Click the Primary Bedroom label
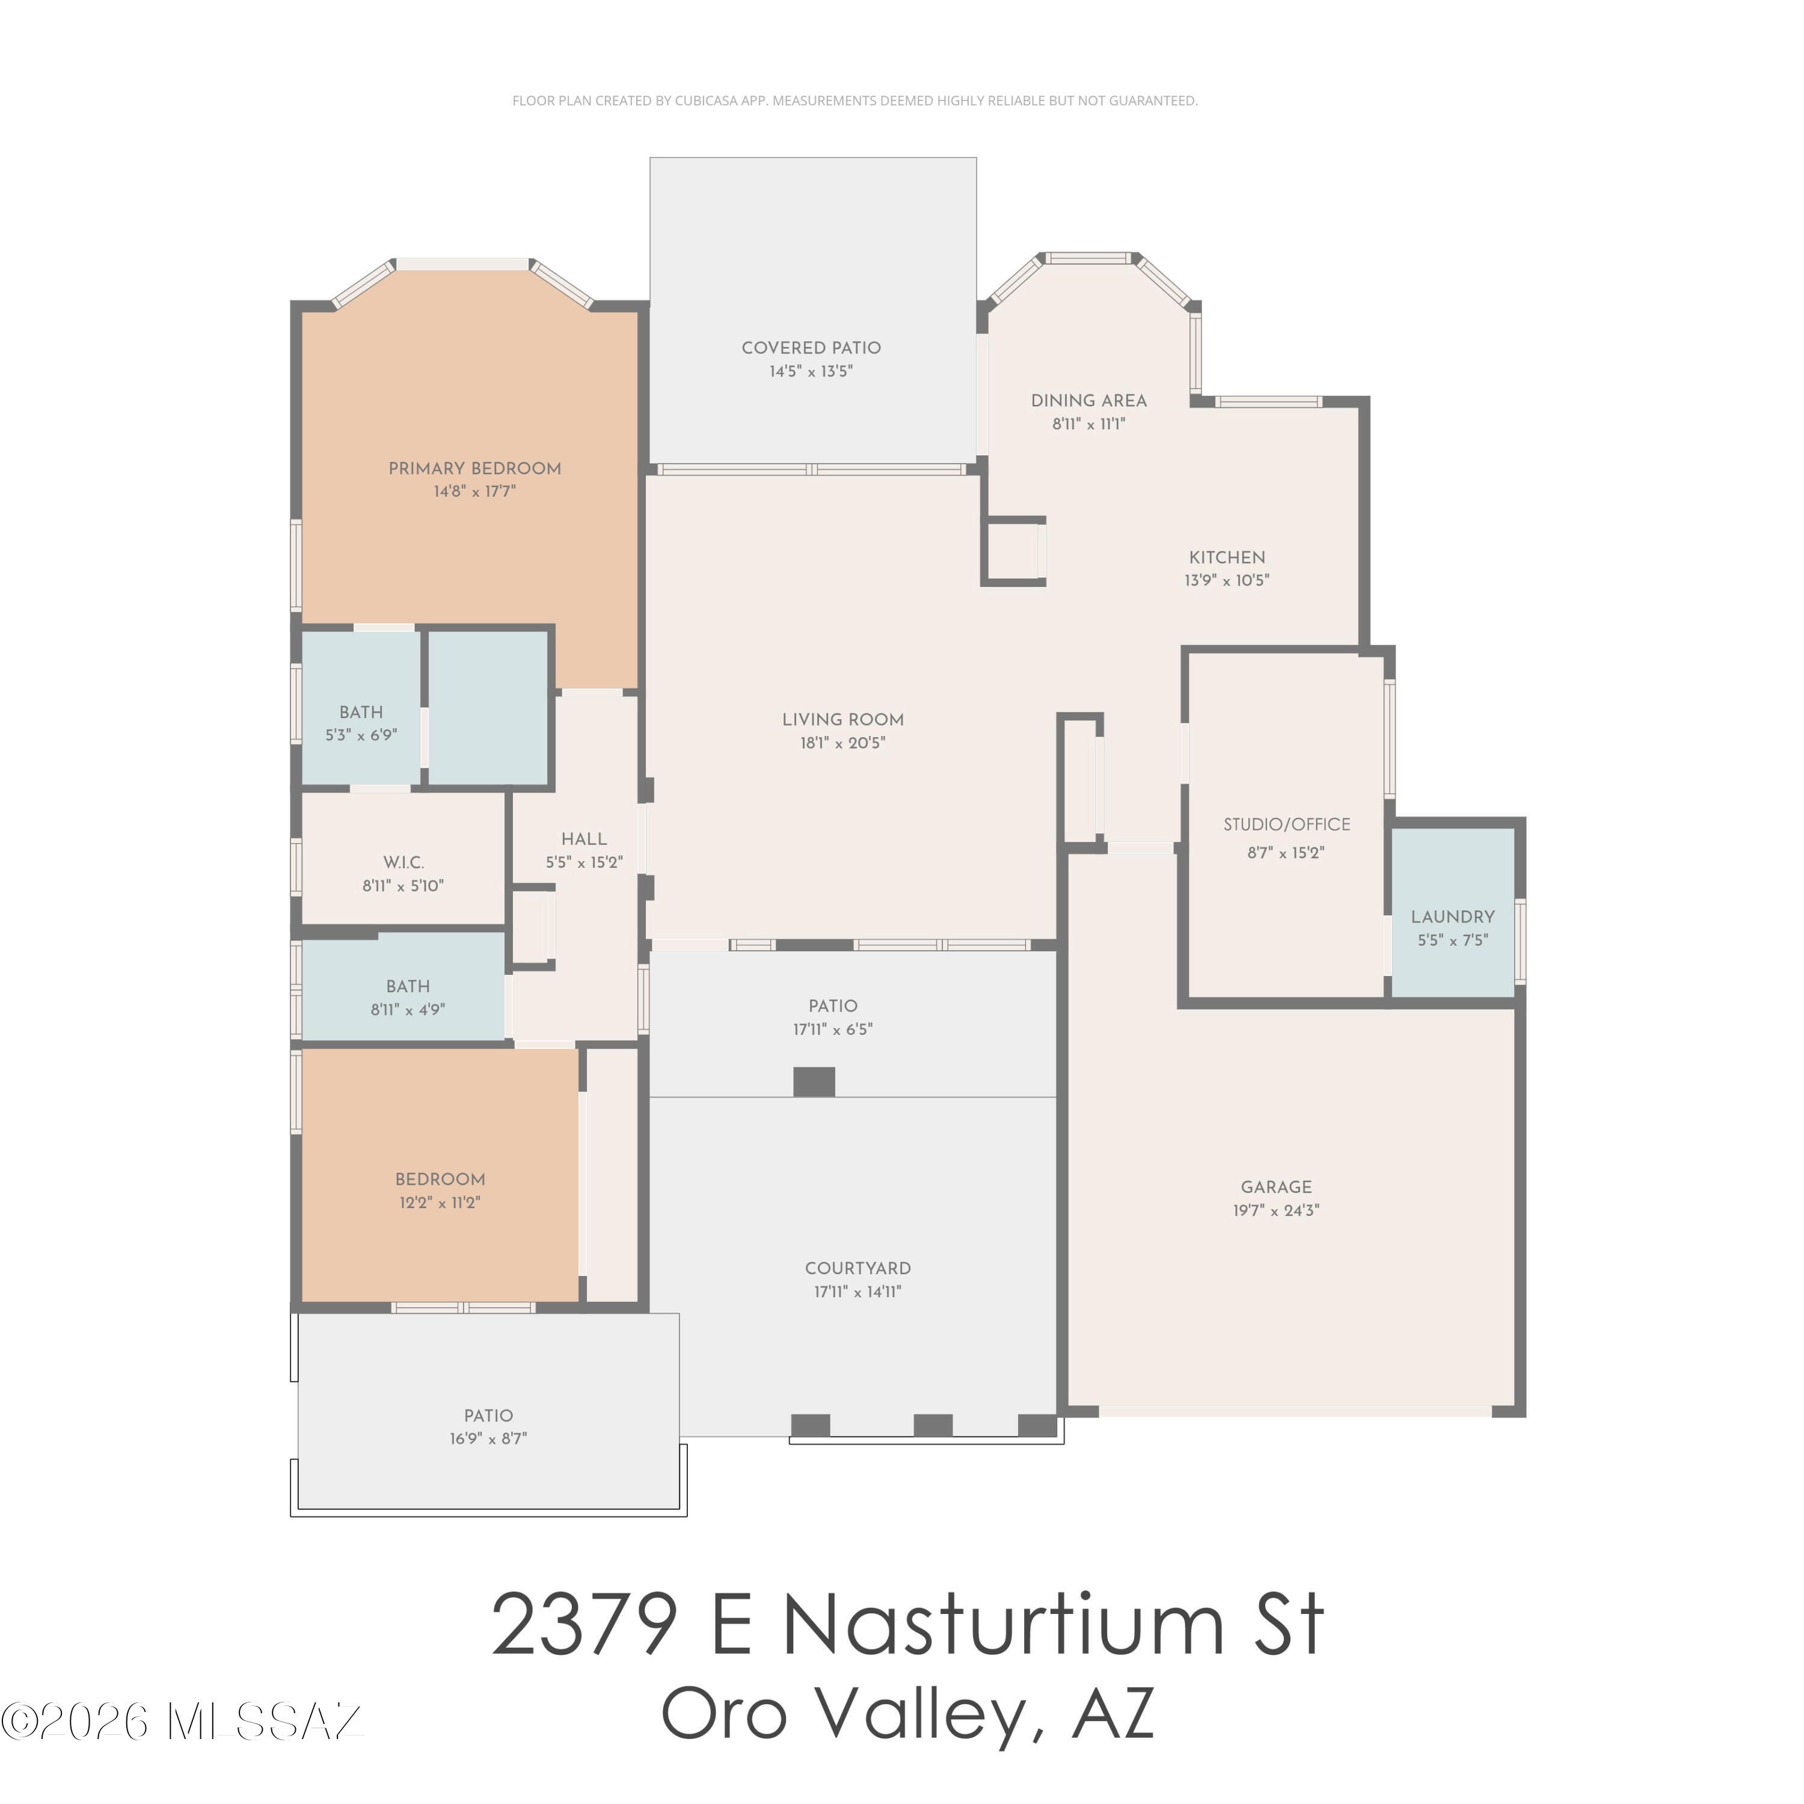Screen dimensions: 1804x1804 coord(474,469)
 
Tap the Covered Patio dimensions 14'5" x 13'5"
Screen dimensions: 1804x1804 coord(811,372)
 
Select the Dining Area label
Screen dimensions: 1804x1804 coord(1089,400)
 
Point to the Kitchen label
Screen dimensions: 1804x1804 coord(1227,557)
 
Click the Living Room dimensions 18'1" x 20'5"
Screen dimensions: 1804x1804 coord(843,743)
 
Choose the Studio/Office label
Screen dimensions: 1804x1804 coord(1287,824)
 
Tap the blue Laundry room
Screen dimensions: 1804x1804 coord(1453,912)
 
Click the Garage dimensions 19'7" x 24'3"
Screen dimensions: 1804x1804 coord(1277,1211)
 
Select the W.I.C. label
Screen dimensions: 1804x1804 coord(403,863)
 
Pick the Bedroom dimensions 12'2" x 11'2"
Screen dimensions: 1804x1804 coord(440,1203)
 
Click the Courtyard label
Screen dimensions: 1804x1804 coord(858,1268)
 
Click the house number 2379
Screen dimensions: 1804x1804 coord(583,1625)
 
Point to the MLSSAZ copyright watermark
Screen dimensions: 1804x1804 coord(182,1721)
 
